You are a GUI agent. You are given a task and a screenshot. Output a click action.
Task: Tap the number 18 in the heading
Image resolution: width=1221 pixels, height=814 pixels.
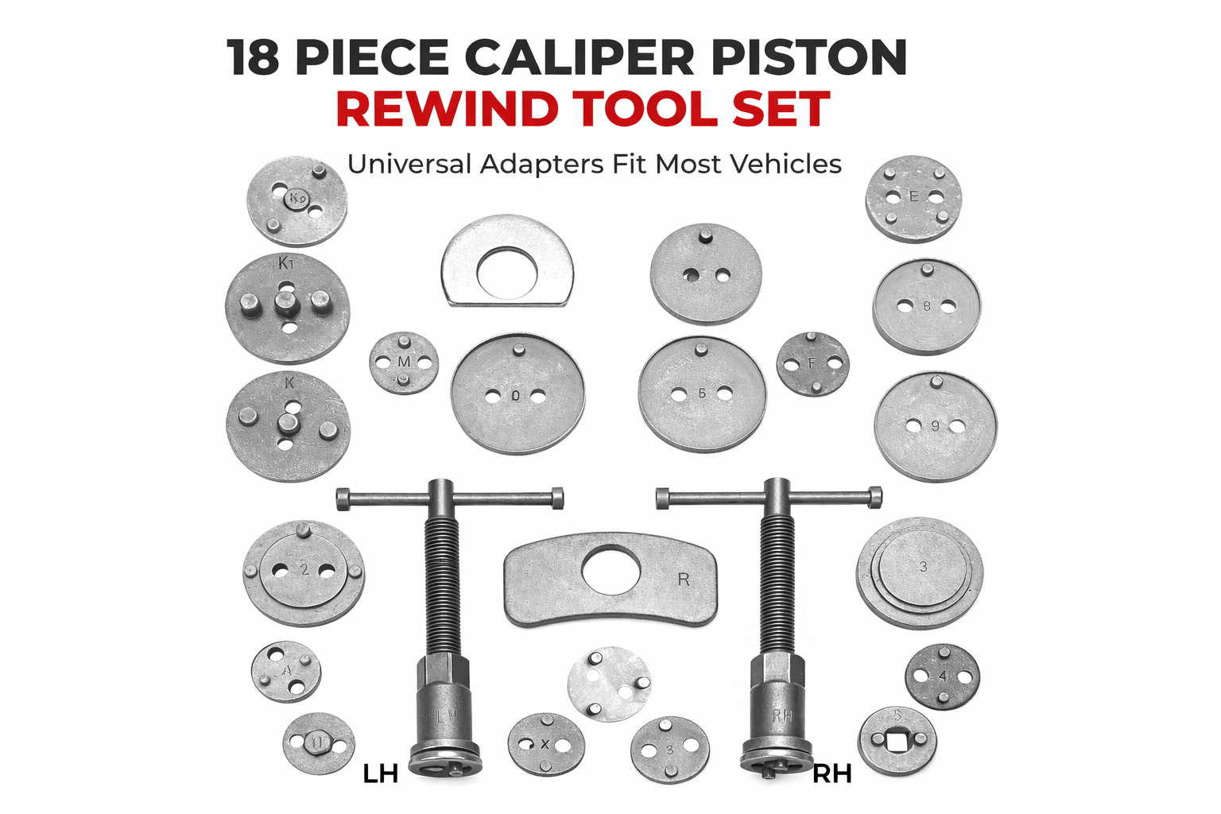pyautogui.click(x=253, y=57)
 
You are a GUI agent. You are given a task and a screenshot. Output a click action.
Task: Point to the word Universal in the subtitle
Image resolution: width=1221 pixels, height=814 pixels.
pyautogui.click(x=409, y=164)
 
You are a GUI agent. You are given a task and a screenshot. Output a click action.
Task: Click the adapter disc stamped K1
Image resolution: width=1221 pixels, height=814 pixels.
pyautogui.click(x=287, y=308)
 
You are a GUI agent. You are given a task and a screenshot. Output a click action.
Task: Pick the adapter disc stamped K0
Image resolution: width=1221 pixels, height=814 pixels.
pyautogui.click(x=297, y=201)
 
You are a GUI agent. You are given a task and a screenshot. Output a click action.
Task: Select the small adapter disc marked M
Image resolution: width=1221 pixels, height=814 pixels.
pyautogui.click(x=404, y=362)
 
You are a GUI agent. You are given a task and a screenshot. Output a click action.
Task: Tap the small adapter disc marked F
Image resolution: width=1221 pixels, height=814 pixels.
pyautogui.click(x=812, y=364)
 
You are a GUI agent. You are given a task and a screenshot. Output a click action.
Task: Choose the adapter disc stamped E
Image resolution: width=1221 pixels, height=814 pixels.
pyautogui.click(x=913, y=199)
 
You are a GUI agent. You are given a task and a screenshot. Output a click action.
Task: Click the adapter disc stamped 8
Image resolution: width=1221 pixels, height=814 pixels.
pyautogui.click(x=926, y=307)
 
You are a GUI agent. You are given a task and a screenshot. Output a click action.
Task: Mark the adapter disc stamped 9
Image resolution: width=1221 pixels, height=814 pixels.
pyautogui.click(x=935, y=426)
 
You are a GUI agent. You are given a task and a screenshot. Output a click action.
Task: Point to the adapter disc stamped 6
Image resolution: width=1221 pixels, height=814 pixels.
pyautogui.click(x=702, y=394)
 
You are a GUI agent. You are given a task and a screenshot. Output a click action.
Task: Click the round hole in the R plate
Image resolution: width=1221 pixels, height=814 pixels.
pyautogui.click(x=610, y=569)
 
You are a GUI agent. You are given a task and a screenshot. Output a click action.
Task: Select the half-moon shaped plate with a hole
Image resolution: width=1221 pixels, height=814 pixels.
pyautogui.click(x=507, y=261)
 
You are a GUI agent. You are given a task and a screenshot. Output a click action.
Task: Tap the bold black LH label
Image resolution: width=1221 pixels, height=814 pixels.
pyautogui.click(x=380, y=773)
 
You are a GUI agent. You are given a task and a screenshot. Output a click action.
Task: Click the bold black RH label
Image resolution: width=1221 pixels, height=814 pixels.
pyautogui.click(x=831, y=773)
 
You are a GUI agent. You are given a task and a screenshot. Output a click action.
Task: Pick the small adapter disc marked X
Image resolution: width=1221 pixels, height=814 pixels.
pyautogui.click(x=545, y=745)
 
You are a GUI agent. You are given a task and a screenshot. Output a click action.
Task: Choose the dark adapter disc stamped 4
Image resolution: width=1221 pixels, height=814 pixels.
pyautogui.click(x=942, y=677)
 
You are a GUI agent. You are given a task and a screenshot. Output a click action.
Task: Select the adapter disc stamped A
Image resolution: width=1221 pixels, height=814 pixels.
pyautogui.click(x=286, y=672)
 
